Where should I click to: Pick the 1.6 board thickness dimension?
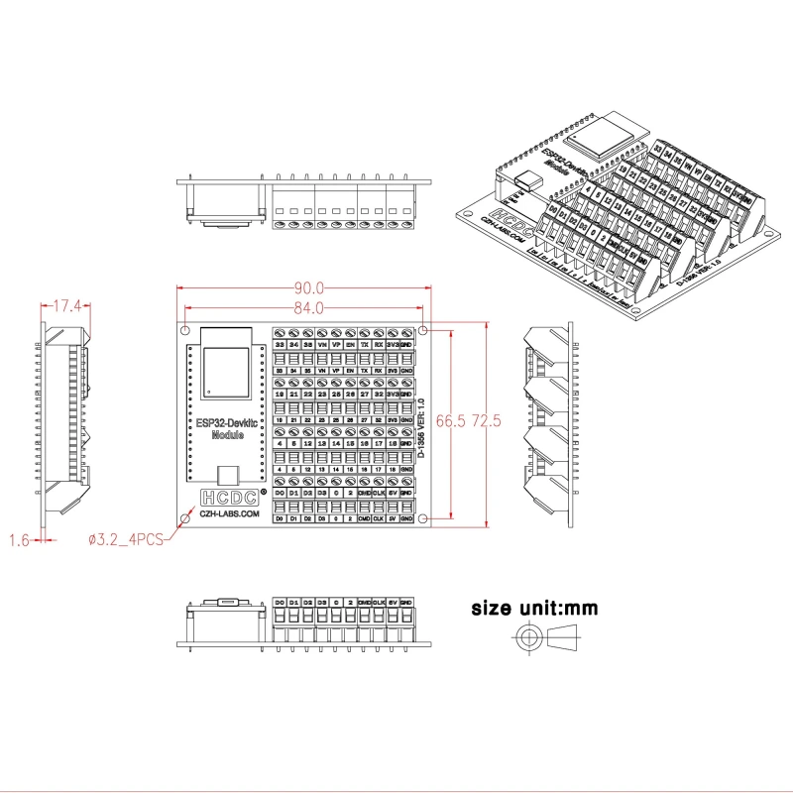(19, 540)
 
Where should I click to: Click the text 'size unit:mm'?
(534, 608)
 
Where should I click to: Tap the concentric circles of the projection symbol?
(529, 637)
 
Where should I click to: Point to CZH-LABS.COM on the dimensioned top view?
(229, 515)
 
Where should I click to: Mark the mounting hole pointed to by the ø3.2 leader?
(186, 518)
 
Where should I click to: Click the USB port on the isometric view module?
(528, 182)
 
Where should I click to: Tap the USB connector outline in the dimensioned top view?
(229, 476)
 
